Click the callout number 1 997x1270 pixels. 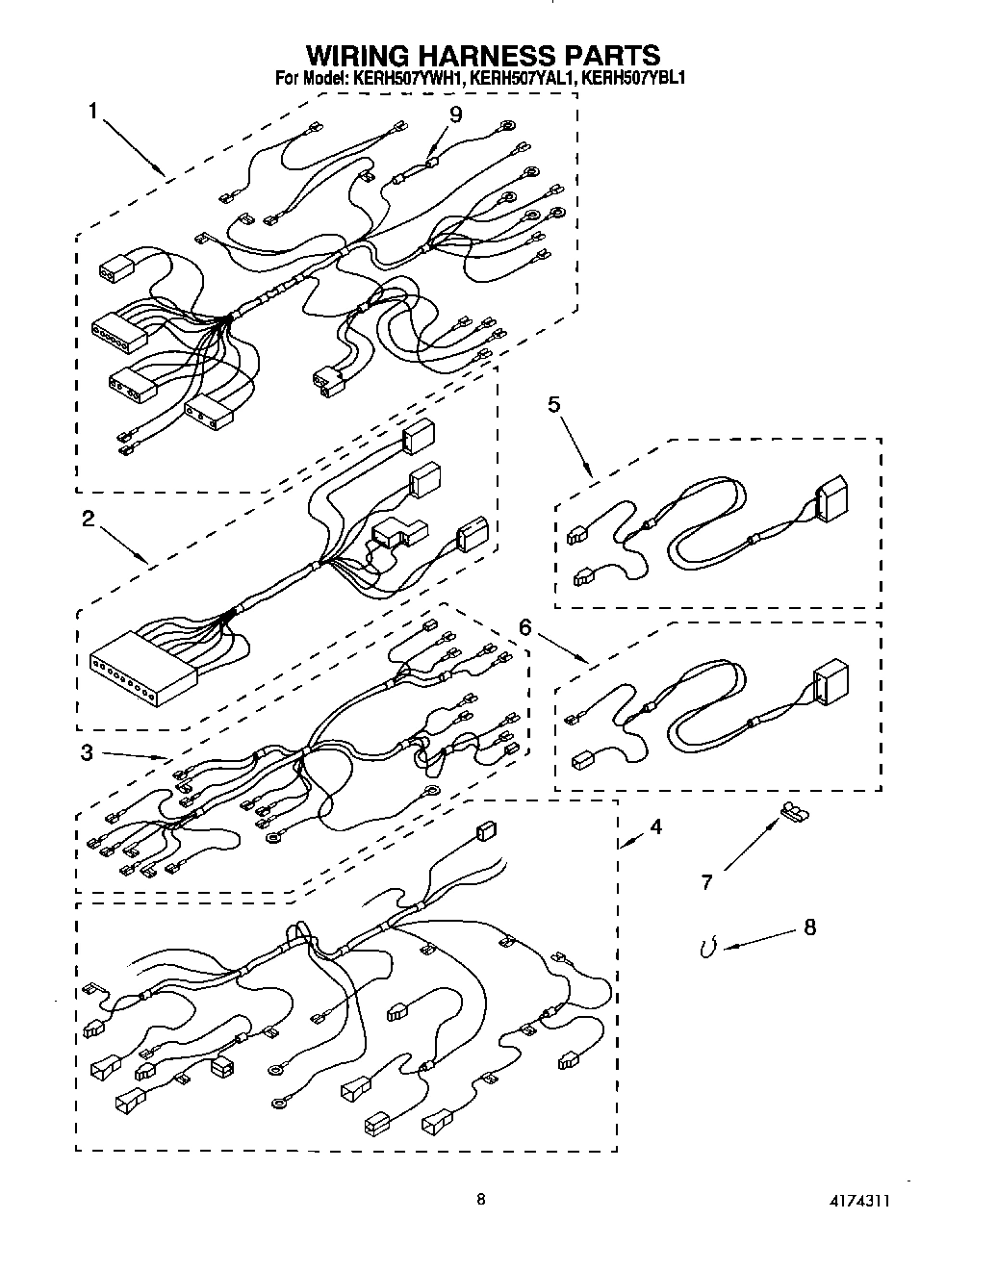93,111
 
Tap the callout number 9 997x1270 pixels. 455,114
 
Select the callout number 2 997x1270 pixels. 88,519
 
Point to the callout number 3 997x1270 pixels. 87,752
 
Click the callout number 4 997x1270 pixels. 654,825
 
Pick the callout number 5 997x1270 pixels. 554,404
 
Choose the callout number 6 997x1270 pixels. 524,626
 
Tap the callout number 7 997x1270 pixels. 706,881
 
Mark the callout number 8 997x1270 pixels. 808,927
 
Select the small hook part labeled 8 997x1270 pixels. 708,949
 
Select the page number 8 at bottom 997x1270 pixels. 480,1199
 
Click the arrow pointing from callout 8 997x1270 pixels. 756,940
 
